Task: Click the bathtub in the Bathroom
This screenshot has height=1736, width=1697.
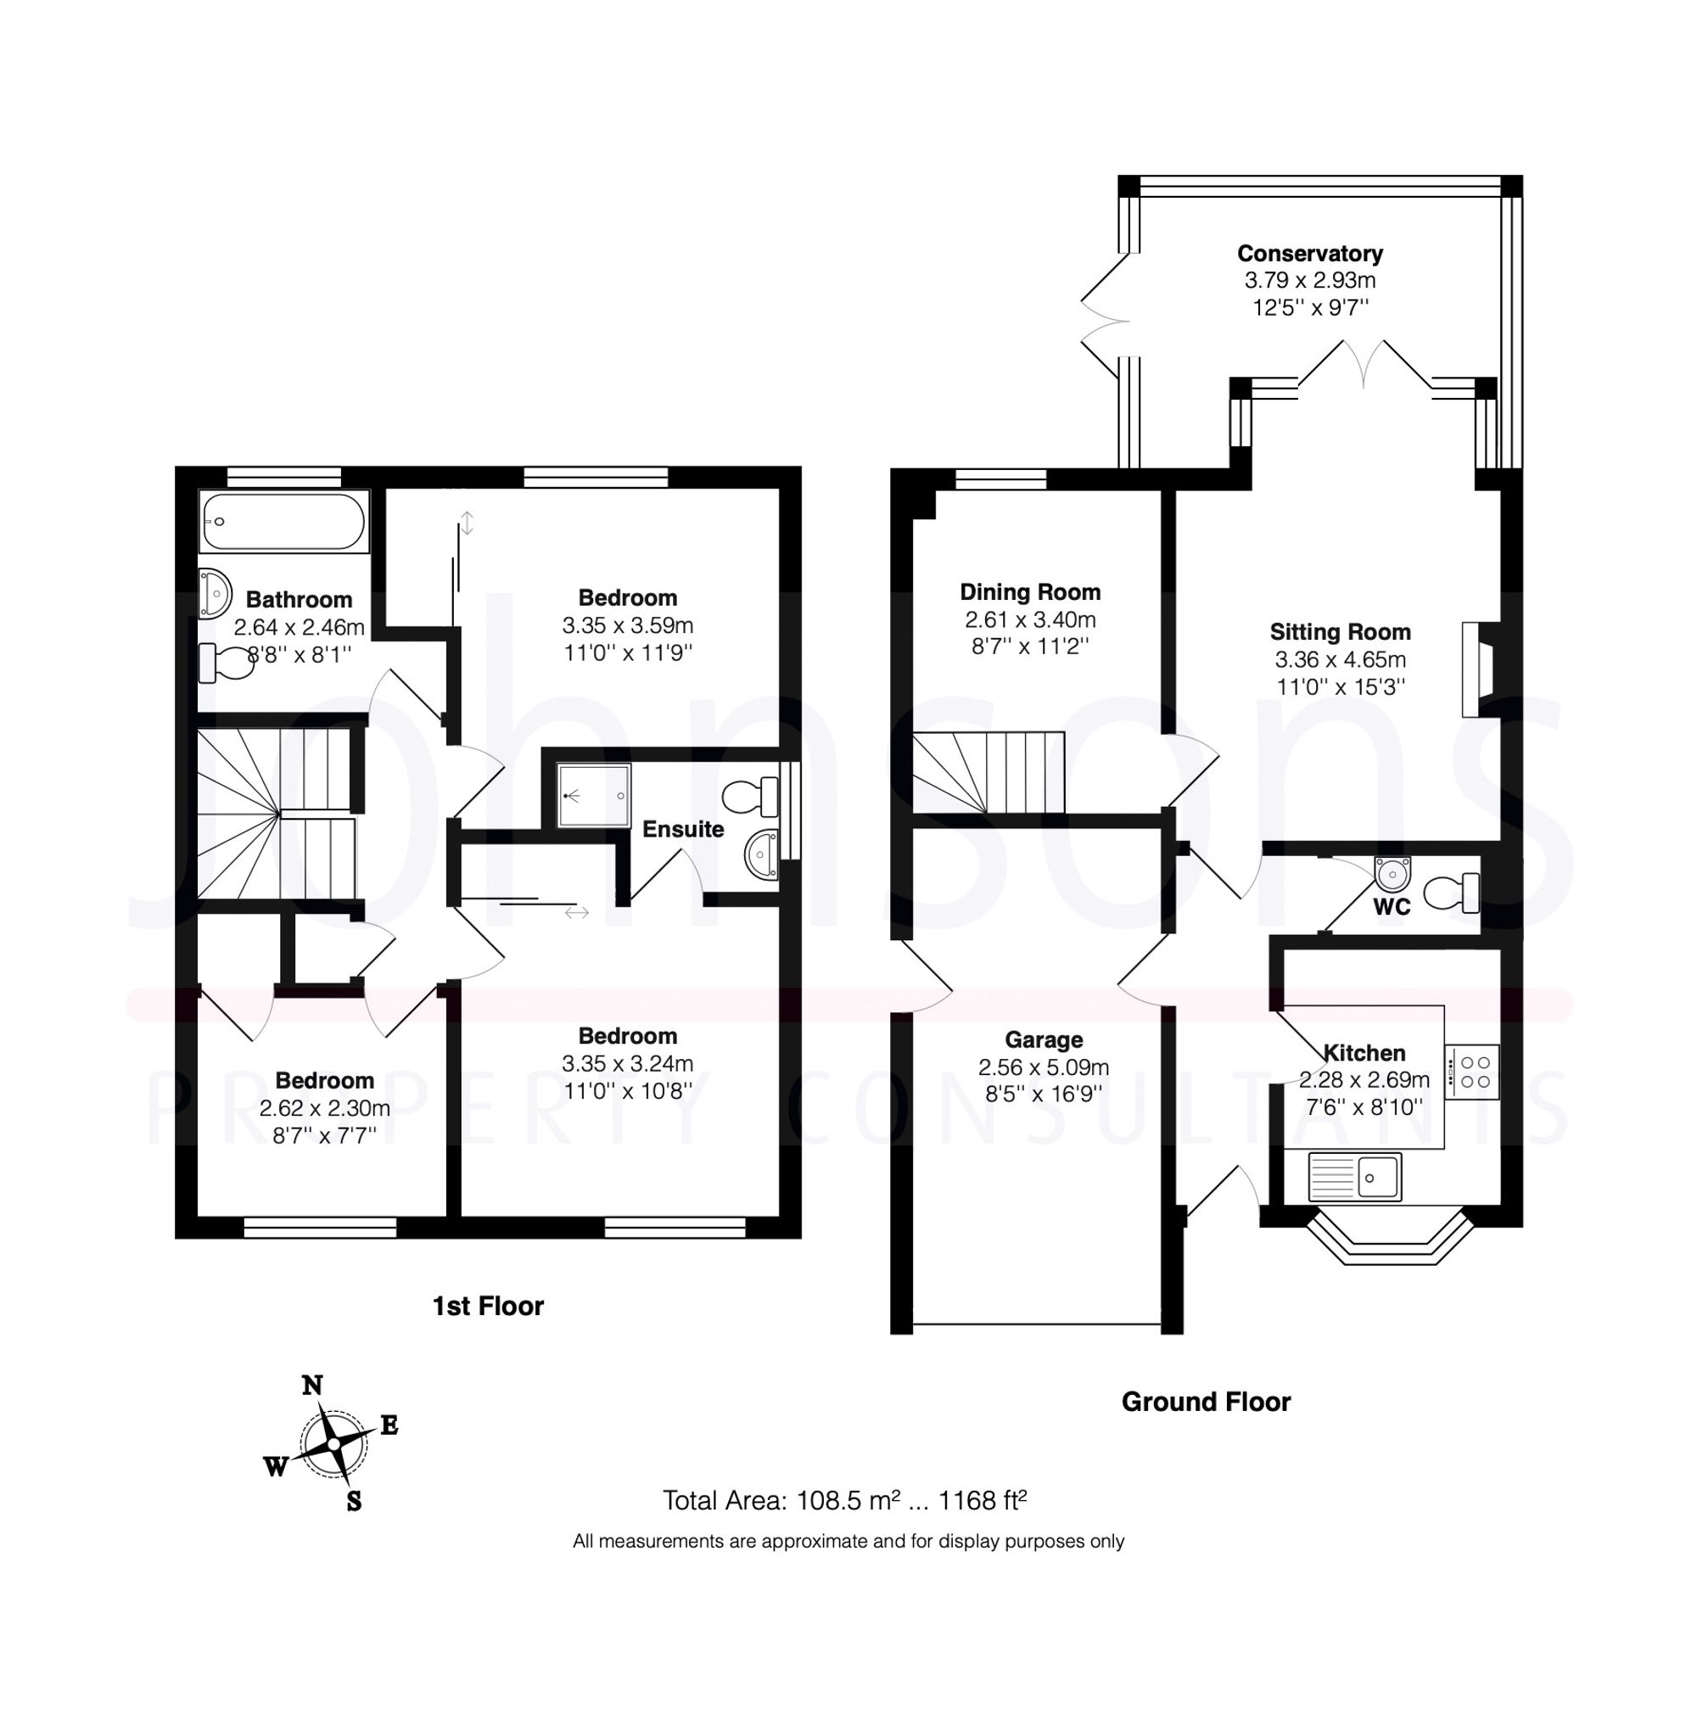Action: [283, 522]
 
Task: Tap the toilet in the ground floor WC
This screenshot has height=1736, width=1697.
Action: [1451, 892]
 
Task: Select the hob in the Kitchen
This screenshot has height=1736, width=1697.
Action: [1471, 1071]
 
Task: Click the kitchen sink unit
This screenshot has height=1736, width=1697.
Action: [1355, 1176]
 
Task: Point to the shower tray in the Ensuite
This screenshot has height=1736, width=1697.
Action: [594, 793]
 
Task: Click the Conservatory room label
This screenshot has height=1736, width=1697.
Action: [1309, 254]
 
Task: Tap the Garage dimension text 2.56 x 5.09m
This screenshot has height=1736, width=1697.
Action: [1043, 1067]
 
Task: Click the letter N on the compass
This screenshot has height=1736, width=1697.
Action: [312, 1385]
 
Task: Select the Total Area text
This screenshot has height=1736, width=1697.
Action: [844, 1501]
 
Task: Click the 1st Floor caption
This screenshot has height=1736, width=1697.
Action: [488, 1307]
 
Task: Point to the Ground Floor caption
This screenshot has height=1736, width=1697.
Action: [1205, 1402]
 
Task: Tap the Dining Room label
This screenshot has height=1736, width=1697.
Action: [1029, 591]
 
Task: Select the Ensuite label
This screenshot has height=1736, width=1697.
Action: [683, 829]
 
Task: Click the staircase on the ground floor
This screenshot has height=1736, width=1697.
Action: [988, 772]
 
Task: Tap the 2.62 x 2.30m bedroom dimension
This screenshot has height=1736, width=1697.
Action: [324, 1108]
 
